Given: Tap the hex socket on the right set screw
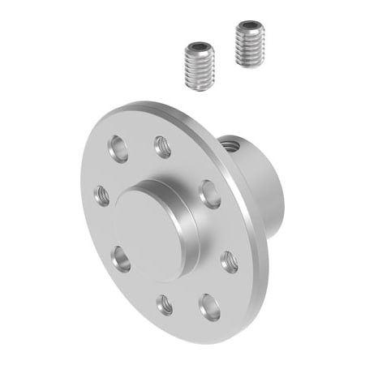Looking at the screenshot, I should [x=250, y=26].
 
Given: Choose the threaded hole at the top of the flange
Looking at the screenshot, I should [x=161, y=147].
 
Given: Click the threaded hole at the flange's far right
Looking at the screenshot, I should [x=230, y=260].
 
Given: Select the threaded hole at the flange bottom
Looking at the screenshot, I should [x=165, y=305].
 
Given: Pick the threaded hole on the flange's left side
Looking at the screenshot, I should [x=102, y=194].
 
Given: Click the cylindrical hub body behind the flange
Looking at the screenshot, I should [x=251, y=174].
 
